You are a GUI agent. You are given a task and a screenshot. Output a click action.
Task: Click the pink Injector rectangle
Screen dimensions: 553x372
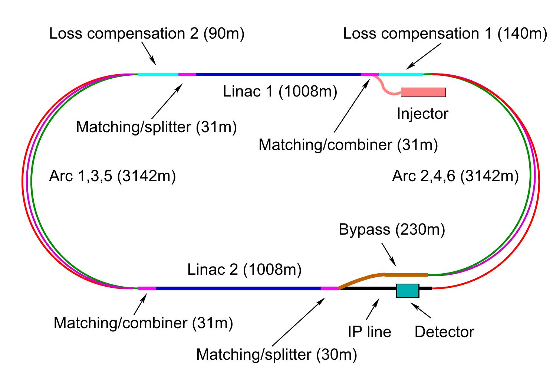[x=423, y=92]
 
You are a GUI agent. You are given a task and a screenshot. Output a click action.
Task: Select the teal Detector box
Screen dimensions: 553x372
[x=408, y=290]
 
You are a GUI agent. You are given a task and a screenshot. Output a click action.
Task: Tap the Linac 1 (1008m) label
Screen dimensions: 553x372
[x=280, y=91]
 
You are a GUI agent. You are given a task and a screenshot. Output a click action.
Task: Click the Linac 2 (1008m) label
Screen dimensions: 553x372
[x=244, y=269]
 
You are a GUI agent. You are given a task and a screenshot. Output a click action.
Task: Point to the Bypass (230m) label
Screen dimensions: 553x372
[x=392, y=229]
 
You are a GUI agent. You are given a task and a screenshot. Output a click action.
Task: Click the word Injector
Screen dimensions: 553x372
[x=423, y=114]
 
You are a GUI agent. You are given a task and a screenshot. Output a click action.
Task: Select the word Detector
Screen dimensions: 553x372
[x=444, y=332]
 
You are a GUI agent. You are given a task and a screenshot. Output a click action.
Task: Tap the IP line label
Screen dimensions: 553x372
[x=369, y=332]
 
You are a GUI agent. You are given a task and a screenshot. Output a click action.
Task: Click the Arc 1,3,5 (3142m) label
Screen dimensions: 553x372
[x=112, y=176]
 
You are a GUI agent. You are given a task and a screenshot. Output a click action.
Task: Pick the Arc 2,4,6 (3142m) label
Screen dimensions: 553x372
[x=455, y=176]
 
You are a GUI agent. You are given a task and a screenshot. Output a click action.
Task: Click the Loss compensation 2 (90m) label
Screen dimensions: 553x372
[x=147, y=33]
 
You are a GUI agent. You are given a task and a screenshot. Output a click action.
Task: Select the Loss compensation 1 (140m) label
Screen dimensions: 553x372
[x=445, y=33]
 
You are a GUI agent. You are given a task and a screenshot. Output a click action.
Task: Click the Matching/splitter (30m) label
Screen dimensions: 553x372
[x=277, y=355]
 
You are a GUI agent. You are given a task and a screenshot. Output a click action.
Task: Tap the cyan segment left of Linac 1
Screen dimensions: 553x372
[x=158, y=74]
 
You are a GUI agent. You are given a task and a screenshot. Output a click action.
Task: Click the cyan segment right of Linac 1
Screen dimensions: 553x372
[x=401, y=74]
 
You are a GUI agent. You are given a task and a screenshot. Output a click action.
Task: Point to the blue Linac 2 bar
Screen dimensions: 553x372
[x=238, y=288]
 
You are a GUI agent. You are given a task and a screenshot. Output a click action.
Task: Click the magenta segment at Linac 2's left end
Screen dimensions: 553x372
[x=147, y=288]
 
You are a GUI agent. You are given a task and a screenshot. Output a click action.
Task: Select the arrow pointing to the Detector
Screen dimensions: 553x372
[x=421, y=310]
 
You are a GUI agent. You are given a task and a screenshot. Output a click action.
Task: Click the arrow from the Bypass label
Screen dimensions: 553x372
[x=389, y=254]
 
